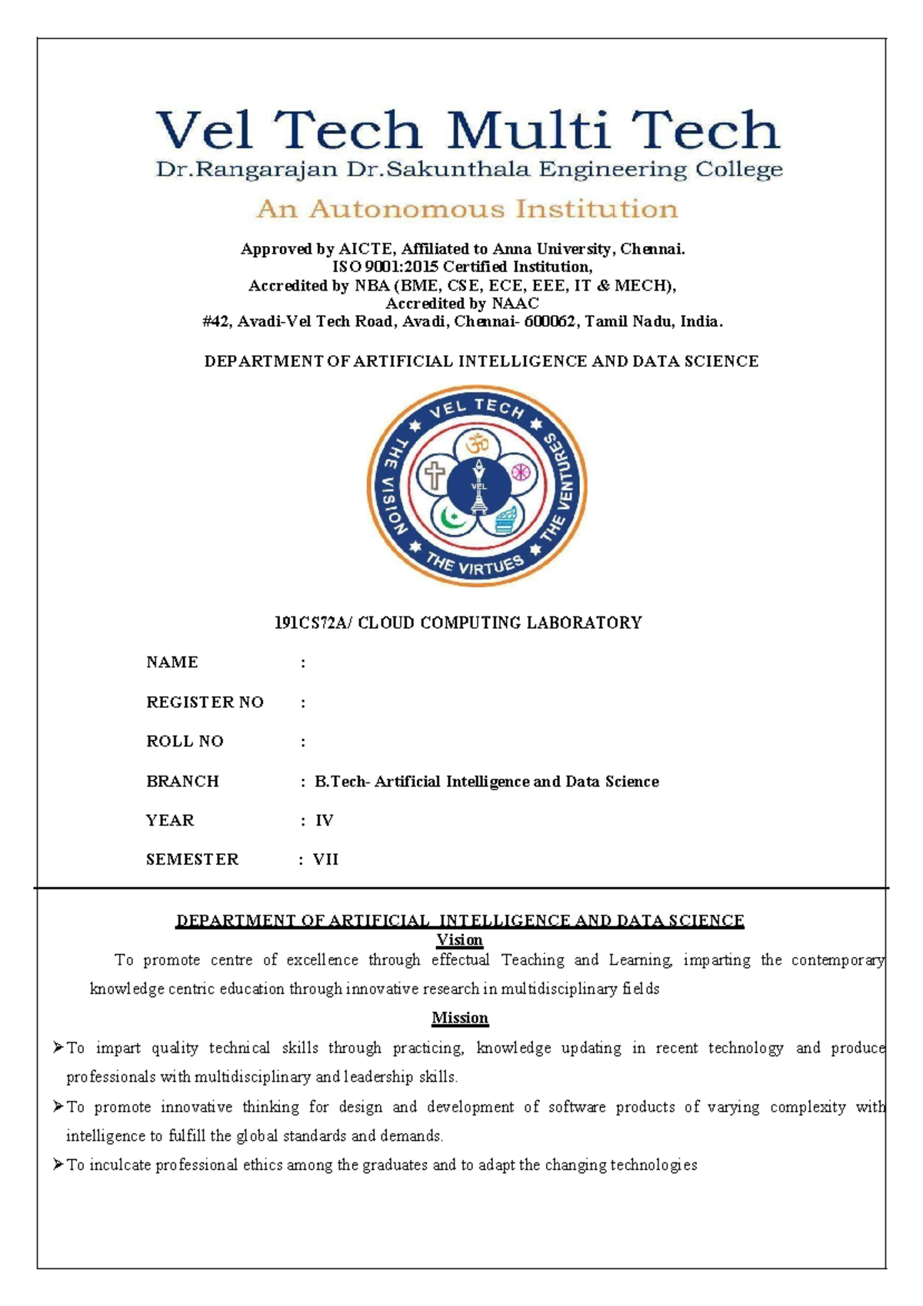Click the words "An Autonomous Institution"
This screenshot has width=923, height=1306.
(x=467, y=209)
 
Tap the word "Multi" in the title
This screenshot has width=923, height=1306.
(x=528, y=131)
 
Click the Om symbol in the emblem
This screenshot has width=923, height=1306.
(x=477, y=444)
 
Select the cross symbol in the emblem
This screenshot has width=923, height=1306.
(x=435, y=475)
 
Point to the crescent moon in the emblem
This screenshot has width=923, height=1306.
(x=452, y=517)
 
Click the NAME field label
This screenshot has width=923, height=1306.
(x=172, y=663)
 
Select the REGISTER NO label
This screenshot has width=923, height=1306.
(x=205, y=702)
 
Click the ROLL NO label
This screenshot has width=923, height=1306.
(x=185, y=741)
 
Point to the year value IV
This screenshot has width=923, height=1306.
(x=324, y=821)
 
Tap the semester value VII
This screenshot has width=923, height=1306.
(x=325, y=859)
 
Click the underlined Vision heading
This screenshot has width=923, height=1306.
(x=459, y=940)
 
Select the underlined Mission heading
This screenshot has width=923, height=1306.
(x=459, y=1019)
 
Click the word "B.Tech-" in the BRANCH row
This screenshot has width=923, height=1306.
(x=342, y=782)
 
